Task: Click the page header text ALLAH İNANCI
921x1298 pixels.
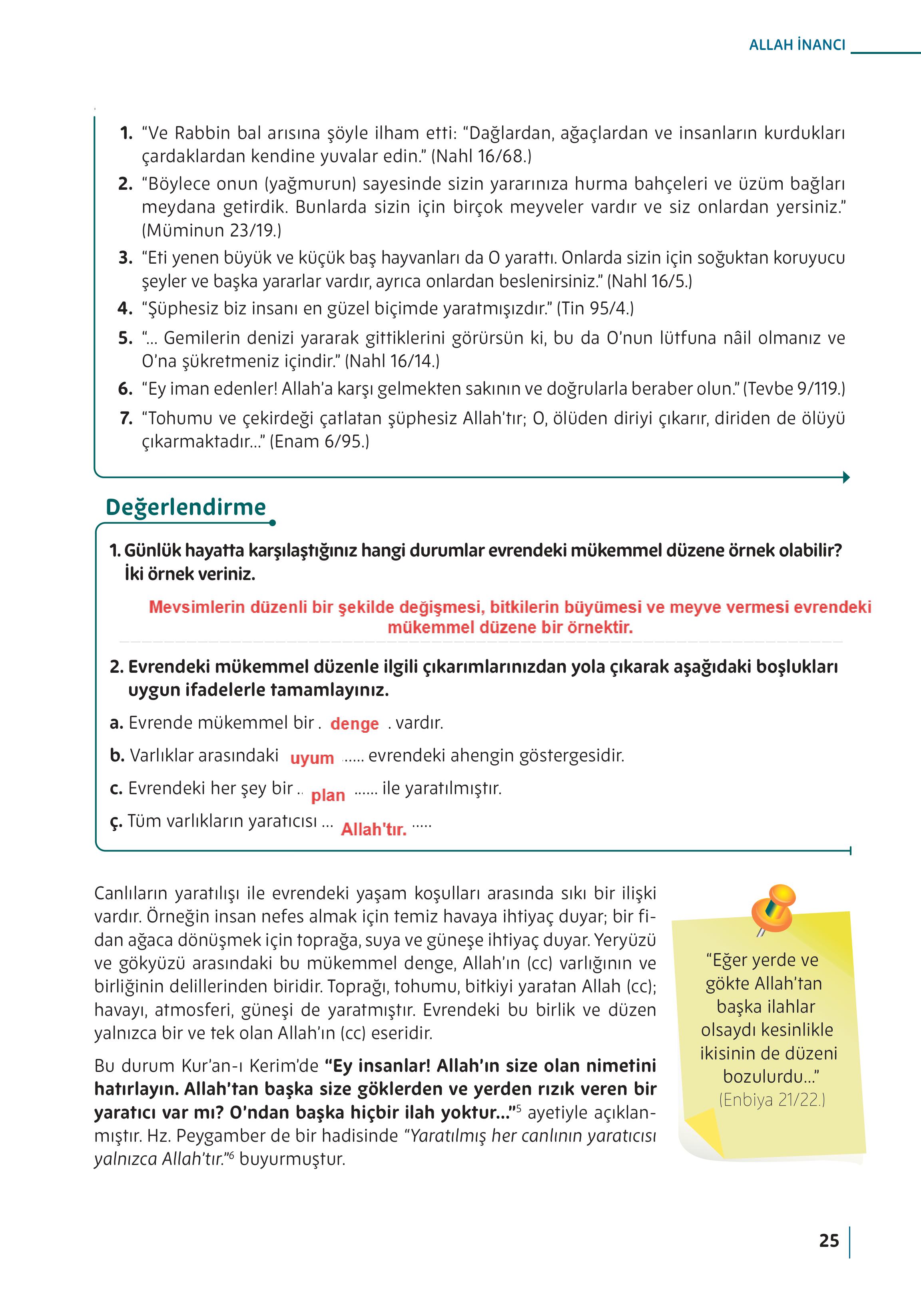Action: click(797, 46)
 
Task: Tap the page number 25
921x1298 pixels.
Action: click(829, 1241)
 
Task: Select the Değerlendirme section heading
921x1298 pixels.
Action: click(185, 507)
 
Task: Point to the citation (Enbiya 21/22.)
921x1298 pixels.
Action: click(772, 1099)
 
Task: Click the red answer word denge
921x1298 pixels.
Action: click(355, 724)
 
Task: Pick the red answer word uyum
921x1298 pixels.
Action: click(312, 758)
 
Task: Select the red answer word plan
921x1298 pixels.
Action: click(328, 795)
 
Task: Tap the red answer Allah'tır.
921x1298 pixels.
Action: click(374, 829)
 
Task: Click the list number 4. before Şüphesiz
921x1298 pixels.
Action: click(125, 308)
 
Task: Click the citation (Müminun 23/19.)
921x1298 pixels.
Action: click(211, 230)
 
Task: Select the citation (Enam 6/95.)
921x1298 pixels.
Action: click(319, 441)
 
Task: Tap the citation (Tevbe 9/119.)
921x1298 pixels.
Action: click(793, 388)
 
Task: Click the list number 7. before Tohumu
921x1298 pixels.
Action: click(126, 418)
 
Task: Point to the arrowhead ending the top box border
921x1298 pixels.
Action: click(846, 477)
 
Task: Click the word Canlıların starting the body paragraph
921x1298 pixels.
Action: click(130, 893)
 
